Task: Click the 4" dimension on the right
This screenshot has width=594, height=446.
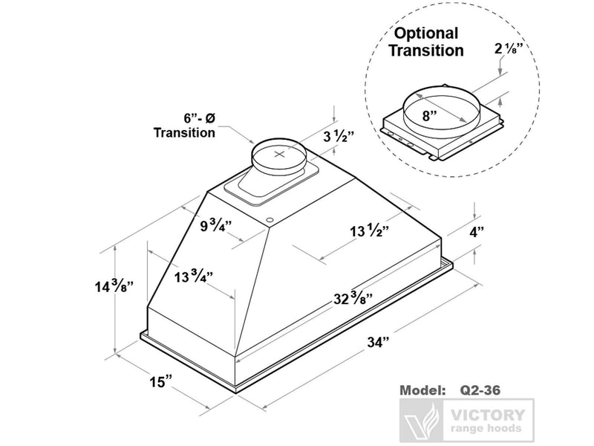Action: tap(475, 231)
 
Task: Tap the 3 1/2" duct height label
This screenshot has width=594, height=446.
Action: tap(339, 136)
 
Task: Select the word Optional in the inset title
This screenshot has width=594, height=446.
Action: tap(425, 33)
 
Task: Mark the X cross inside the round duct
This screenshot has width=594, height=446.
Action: tap(279, 155)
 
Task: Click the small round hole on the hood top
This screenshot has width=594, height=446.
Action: tap(270, 220)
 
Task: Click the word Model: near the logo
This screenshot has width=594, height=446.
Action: tap(423, 390)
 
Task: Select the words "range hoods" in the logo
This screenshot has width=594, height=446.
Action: tap(487, 429)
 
